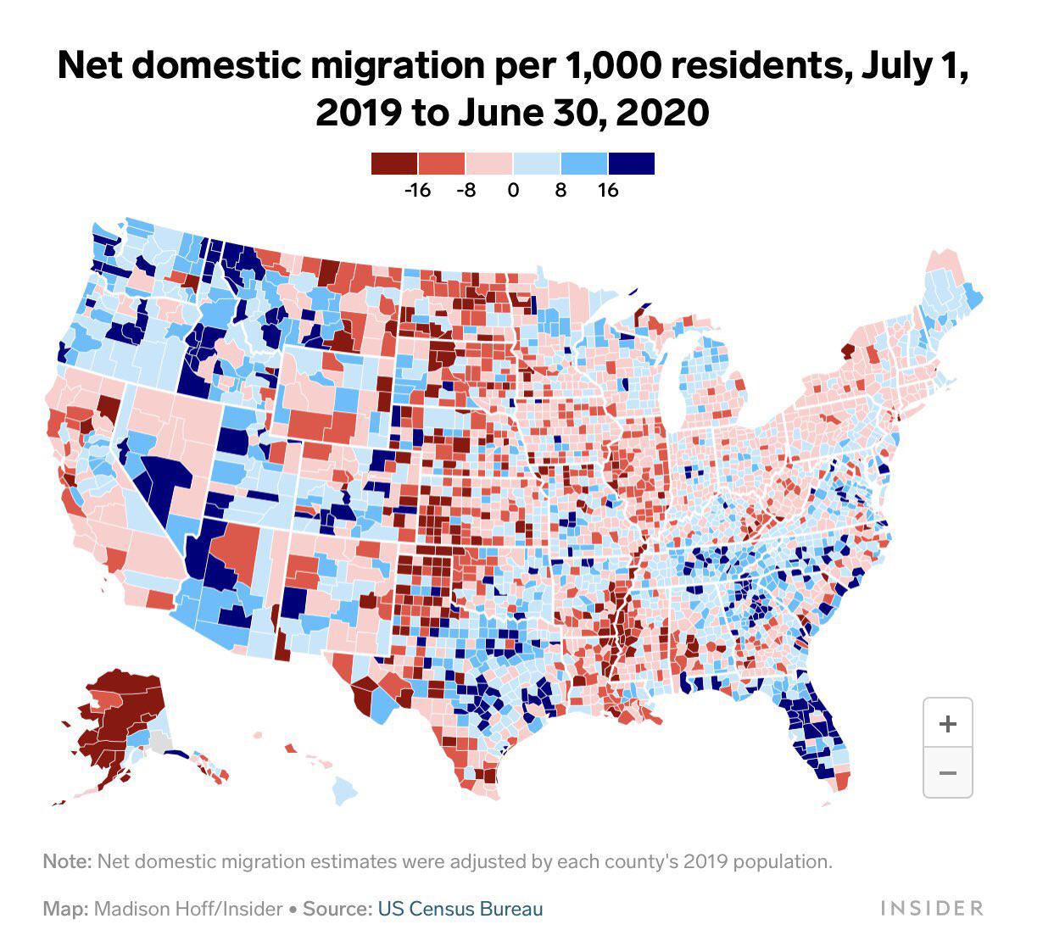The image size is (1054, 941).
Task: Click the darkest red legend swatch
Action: click(x=394, y=163)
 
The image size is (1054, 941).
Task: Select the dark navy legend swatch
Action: click(x=632, y=163)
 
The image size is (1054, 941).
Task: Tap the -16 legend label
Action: click(x=416, y=190)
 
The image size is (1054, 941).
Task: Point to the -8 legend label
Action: click(x=465, y=190)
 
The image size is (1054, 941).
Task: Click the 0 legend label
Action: click(x=513, y=190)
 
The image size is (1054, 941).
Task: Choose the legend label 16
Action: click(x=608, y=190)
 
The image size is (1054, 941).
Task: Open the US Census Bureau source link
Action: click(x=460, y=909)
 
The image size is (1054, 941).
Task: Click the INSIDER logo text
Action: click(x=931, y=909)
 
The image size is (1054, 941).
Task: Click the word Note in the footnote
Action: click(x=65, y=861)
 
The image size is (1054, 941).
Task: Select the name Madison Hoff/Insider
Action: click(x=187, y=909)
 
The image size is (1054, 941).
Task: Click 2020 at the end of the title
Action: click(x=662, y=113)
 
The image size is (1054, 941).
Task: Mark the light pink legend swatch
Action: click(x=489, y=163)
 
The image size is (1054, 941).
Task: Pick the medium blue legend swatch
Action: click(x=584, y=163)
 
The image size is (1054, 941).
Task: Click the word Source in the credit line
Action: click(x=336, y=909)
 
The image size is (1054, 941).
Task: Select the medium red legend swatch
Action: click(x=442, y=163)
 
